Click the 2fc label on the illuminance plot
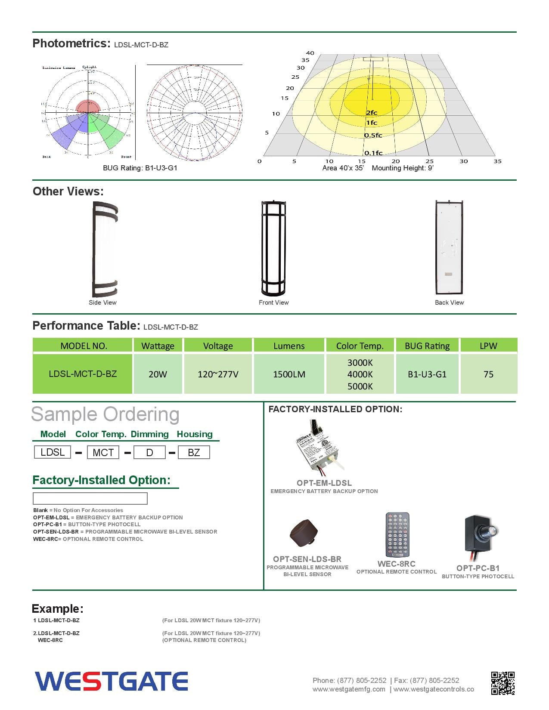[371, 113]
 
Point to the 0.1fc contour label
[373, 153]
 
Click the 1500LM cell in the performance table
[289, 374]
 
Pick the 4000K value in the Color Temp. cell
[360, 374]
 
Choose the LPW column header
[488, 346]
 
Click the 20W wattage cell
[158, 374]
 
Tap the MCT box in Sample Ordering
[103, 452]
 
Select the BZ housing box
[194, 452]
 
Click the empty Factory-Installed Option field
[90, 498]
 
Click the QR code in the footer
[502, 683]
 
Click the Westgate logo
[112, 681]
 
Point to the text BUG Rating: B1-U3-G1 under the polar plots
[140, 168]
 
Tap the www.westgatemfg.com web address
[349, 689]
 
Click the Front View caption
[273, 303]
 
